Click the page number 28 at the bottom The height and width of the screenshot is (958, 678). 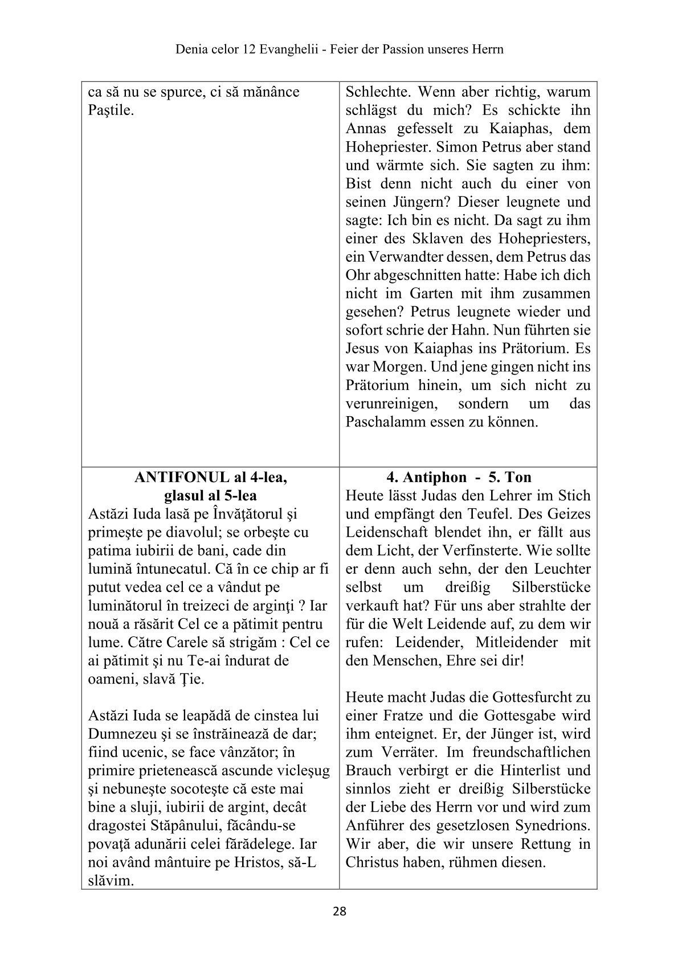tap(339, 911)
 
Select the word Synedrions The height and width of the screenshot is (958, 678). tap(548, 825)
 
